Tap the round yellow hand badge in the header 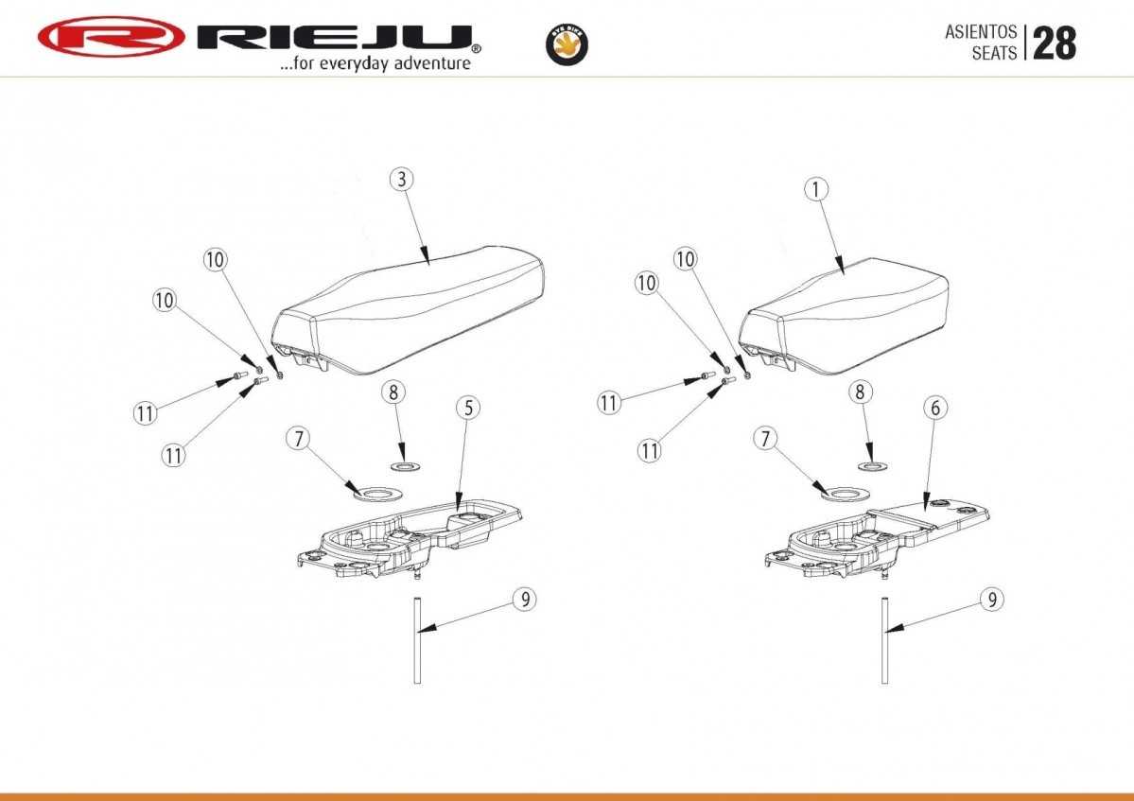pos(567,44)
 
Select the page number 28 pos(1055,44)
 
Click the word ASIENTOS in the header pos(981,32)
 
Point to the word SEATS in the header pos(994,53)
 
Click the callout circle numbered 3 pos(402,180)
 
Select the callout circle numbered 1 pos(816,189)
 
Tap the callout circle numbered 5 pos(469,408)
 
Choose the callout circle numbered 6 pos(935,408)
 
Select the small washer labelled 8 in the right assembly pos(874,465)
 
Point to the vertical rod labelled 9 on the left pos(417,640)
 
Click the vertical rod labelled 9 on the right pos(884,640)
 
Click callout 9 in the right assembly pos(992,600)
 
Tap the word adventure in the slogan pos(433,63)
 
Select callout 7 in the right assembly pos(765,438)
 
